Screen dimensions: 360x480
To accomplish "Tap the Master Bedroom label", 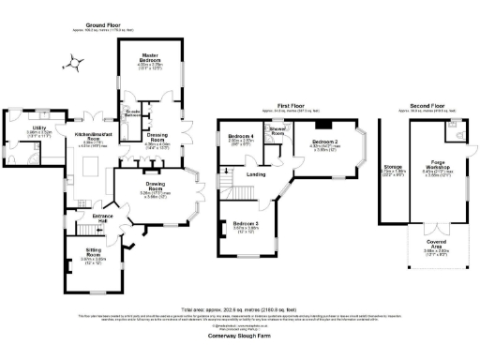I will click(145, 56).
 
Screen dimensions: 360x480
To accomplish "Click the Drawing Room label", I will click(156, 185).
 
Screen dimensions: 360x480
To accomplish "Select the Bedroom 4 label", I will click(241, 138).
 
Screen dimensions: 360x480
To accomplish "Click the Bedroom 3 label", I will click(245, 224).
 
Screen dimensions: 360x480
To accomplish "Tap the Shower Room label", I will click(277, 132).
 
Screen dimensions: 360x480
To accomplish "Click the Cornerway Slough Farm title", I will click(238, 337).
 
